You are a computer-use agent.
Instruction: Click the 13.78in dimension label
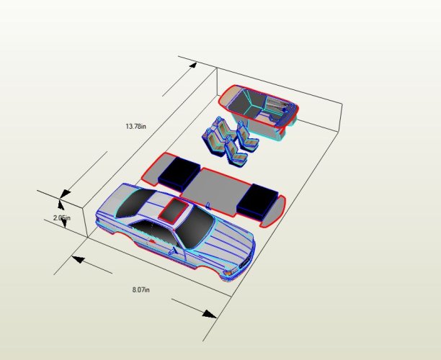136,126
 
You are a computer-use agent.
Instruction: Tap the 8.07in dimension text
141,289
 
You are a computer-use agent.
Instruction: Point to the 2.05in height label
62,217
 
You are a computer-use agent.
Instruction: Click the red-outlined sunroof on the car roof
174,210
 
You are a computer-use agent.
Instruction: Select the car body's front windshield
195,228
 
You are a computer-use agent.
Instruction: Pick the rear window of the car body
135,202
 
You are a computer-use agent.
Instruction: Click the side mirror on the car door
172,251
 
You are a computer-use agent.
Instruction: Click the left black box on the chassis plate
179,172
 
